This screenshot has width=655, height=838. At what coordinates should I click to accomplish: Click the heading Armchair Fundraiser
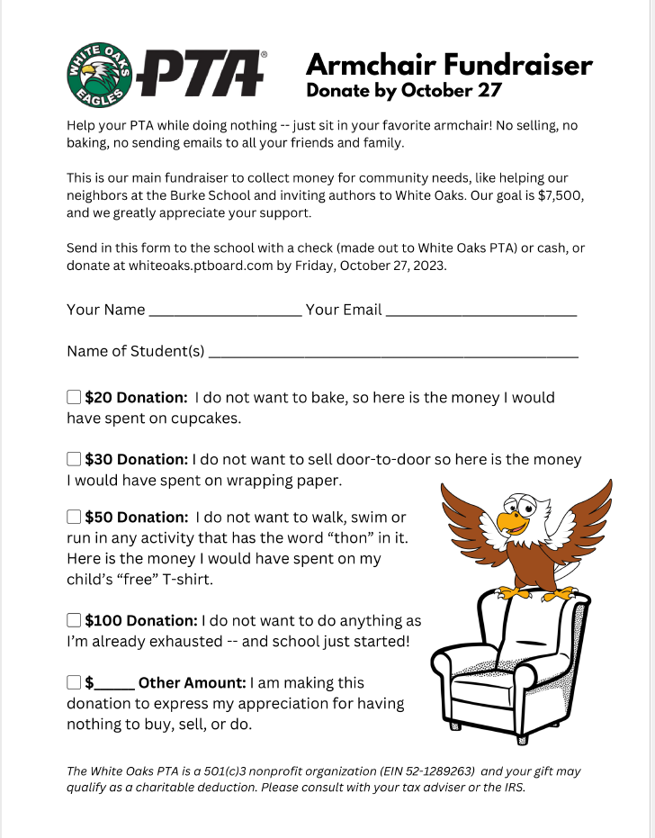449,65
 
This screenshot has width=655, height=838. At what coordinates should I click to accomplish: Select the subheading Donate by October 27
403,91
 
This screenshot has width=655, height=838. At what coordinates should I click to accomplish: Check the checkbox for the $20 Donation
74,397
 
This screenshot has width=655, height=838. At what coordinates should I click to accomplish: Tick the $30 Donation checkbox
74,459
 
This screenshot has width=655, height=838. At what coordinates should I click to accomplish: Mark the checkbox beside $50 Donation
74,518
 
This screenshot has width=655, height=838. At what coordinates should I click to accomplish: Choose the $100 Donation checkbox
74,620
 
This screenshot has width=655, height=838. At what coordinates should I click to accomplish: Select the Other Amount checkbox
74,682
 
